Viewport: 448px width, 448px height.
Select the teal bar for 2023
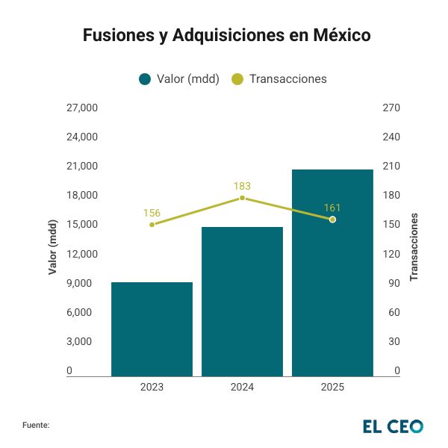[152, 329]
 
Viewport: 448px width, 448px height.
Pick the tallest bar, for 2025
[332, 273]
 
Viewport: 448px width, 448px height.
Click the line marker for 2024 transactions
[242, 198]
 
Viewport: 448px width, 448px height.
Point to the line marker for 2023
[152, 224]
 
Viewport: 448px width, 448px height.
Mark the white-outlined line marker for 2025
[332, 220]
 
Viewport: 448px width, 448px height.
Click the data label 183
[242, 186]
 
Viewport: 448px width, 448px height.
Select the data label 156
[152, 213]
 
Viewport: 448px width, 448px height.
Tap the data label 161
[332, 207]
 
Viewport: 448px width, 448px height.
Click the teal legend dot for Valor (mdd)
[145, 79]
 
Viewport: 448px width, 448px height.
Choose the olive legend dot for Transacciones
[237, 79]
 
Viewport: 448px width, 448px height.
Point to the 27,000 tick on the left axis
[82, 108]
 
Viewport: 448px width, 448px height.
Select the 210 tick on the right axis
[392, 166]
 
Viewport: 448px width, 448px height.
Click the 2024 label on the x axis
[242, 387]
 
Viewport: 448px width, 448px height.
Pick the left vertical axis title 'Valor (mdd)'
[52, 247]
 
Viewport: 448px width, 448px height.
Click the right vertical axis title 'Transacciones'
[414, 246]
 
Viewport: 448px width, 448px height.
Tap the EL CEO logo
[393, 426]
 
